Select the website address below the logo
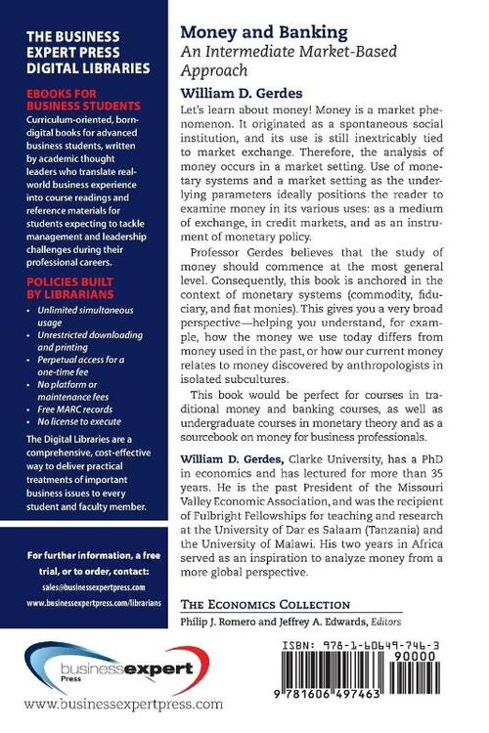[122, 704]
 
